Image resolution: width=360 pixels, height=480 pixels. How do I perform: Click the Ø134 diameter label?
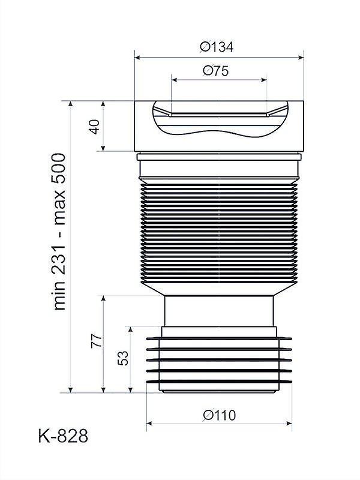(217, 47)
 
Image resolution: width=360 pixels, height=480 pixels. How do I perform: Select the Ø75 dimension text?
(216, 71)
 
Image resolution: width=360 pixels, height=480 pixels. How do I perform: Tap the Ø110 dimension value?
(220, 415)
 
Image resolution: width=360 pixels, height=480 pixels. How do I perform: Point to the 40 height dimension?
(95, 127)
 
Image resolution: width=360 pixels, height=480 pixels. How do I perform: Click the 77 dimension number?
(96, 340)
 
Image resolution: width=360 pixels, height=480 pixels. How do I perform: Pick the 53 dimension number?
(123, 358)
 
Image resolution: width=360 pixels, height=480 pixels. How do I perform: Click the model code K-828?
(63, 436)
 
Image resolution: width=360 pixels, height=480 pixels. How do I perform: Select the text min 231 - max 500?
(59, 232)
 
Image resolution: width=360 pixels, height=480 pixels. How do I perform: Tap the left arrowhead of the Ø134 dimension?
(137, 57)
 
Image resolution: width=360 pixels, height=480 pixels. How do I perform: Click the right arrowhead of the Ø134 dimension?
(301, 57)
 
